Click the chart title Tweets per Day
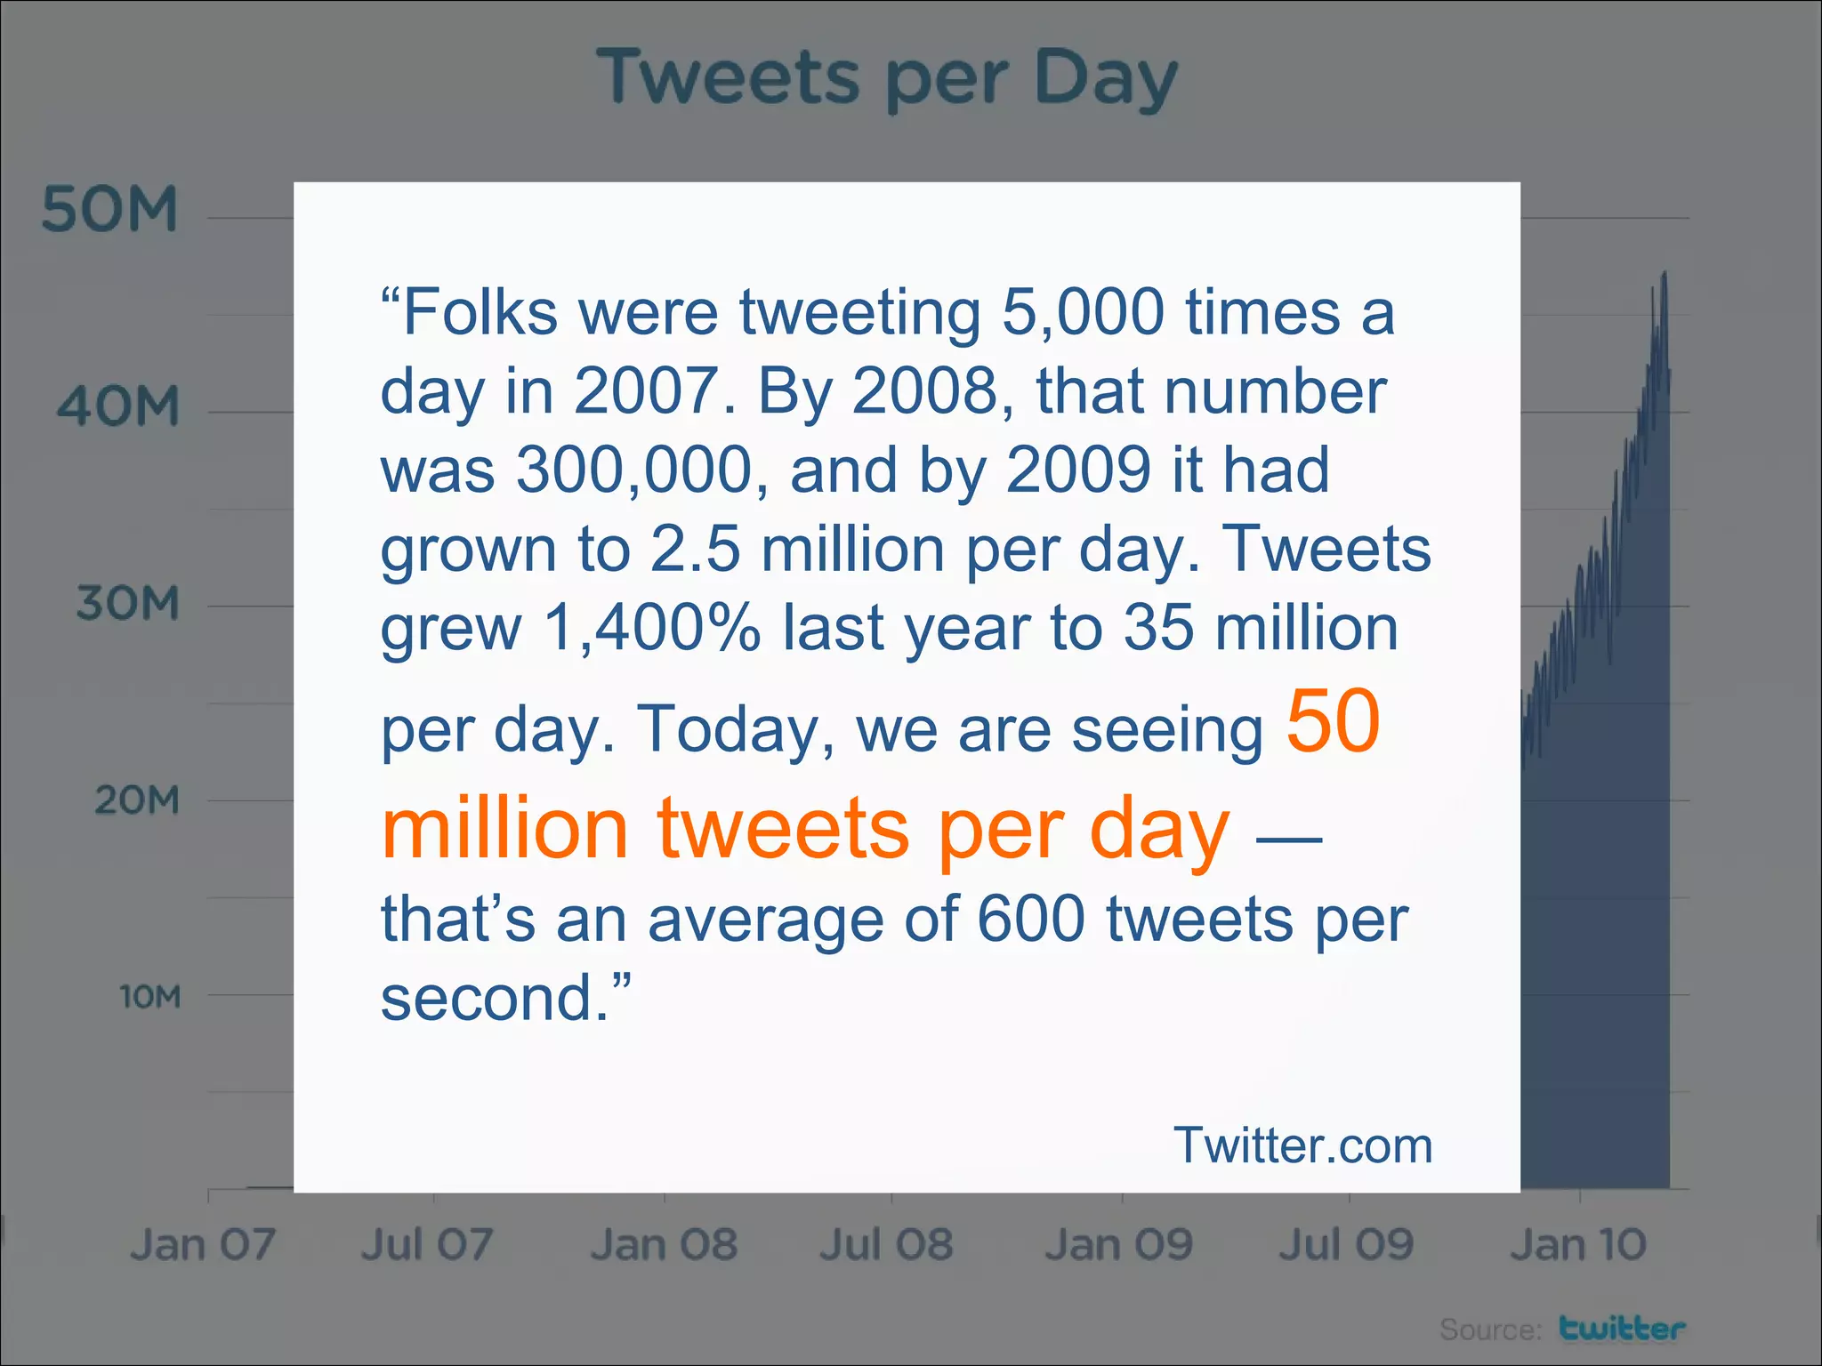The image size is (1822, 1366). point(887,78)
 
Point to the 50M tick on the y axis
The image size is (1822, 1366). point(109,211)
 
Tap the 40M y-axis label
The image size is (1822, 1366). point(118,407)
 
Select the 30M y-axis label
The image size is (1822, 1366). point(127,604)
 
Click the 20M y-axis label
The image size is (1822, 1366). point(136,800)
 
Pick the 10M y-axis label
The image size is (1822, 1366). point(149,997)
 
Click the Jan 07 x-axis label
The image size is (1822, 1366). point(203,1244)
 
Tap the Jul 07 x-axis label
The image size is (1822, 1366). point(427,1244)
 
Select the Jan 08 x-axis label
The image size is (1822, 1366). point(664,1244)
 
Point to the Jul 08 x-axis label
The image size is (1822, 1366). point(886,1244)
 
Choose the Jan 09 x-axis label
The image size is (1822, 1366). point(1119,1244)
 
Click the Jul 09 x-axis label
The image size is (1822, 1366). point(1346,1244)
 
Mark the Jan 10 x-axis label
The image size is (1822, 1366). point(1578,1244)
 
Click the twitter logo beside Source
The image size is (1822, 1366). point(1622,1328)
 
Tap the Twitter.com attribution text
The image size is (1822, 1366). point(1302,1145)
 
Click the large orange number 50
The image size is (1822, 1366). point(1333,721)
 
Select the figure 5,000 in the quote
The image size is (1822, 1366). point(1083,312)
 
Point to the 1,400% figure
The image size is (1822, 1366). point(652,628)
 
